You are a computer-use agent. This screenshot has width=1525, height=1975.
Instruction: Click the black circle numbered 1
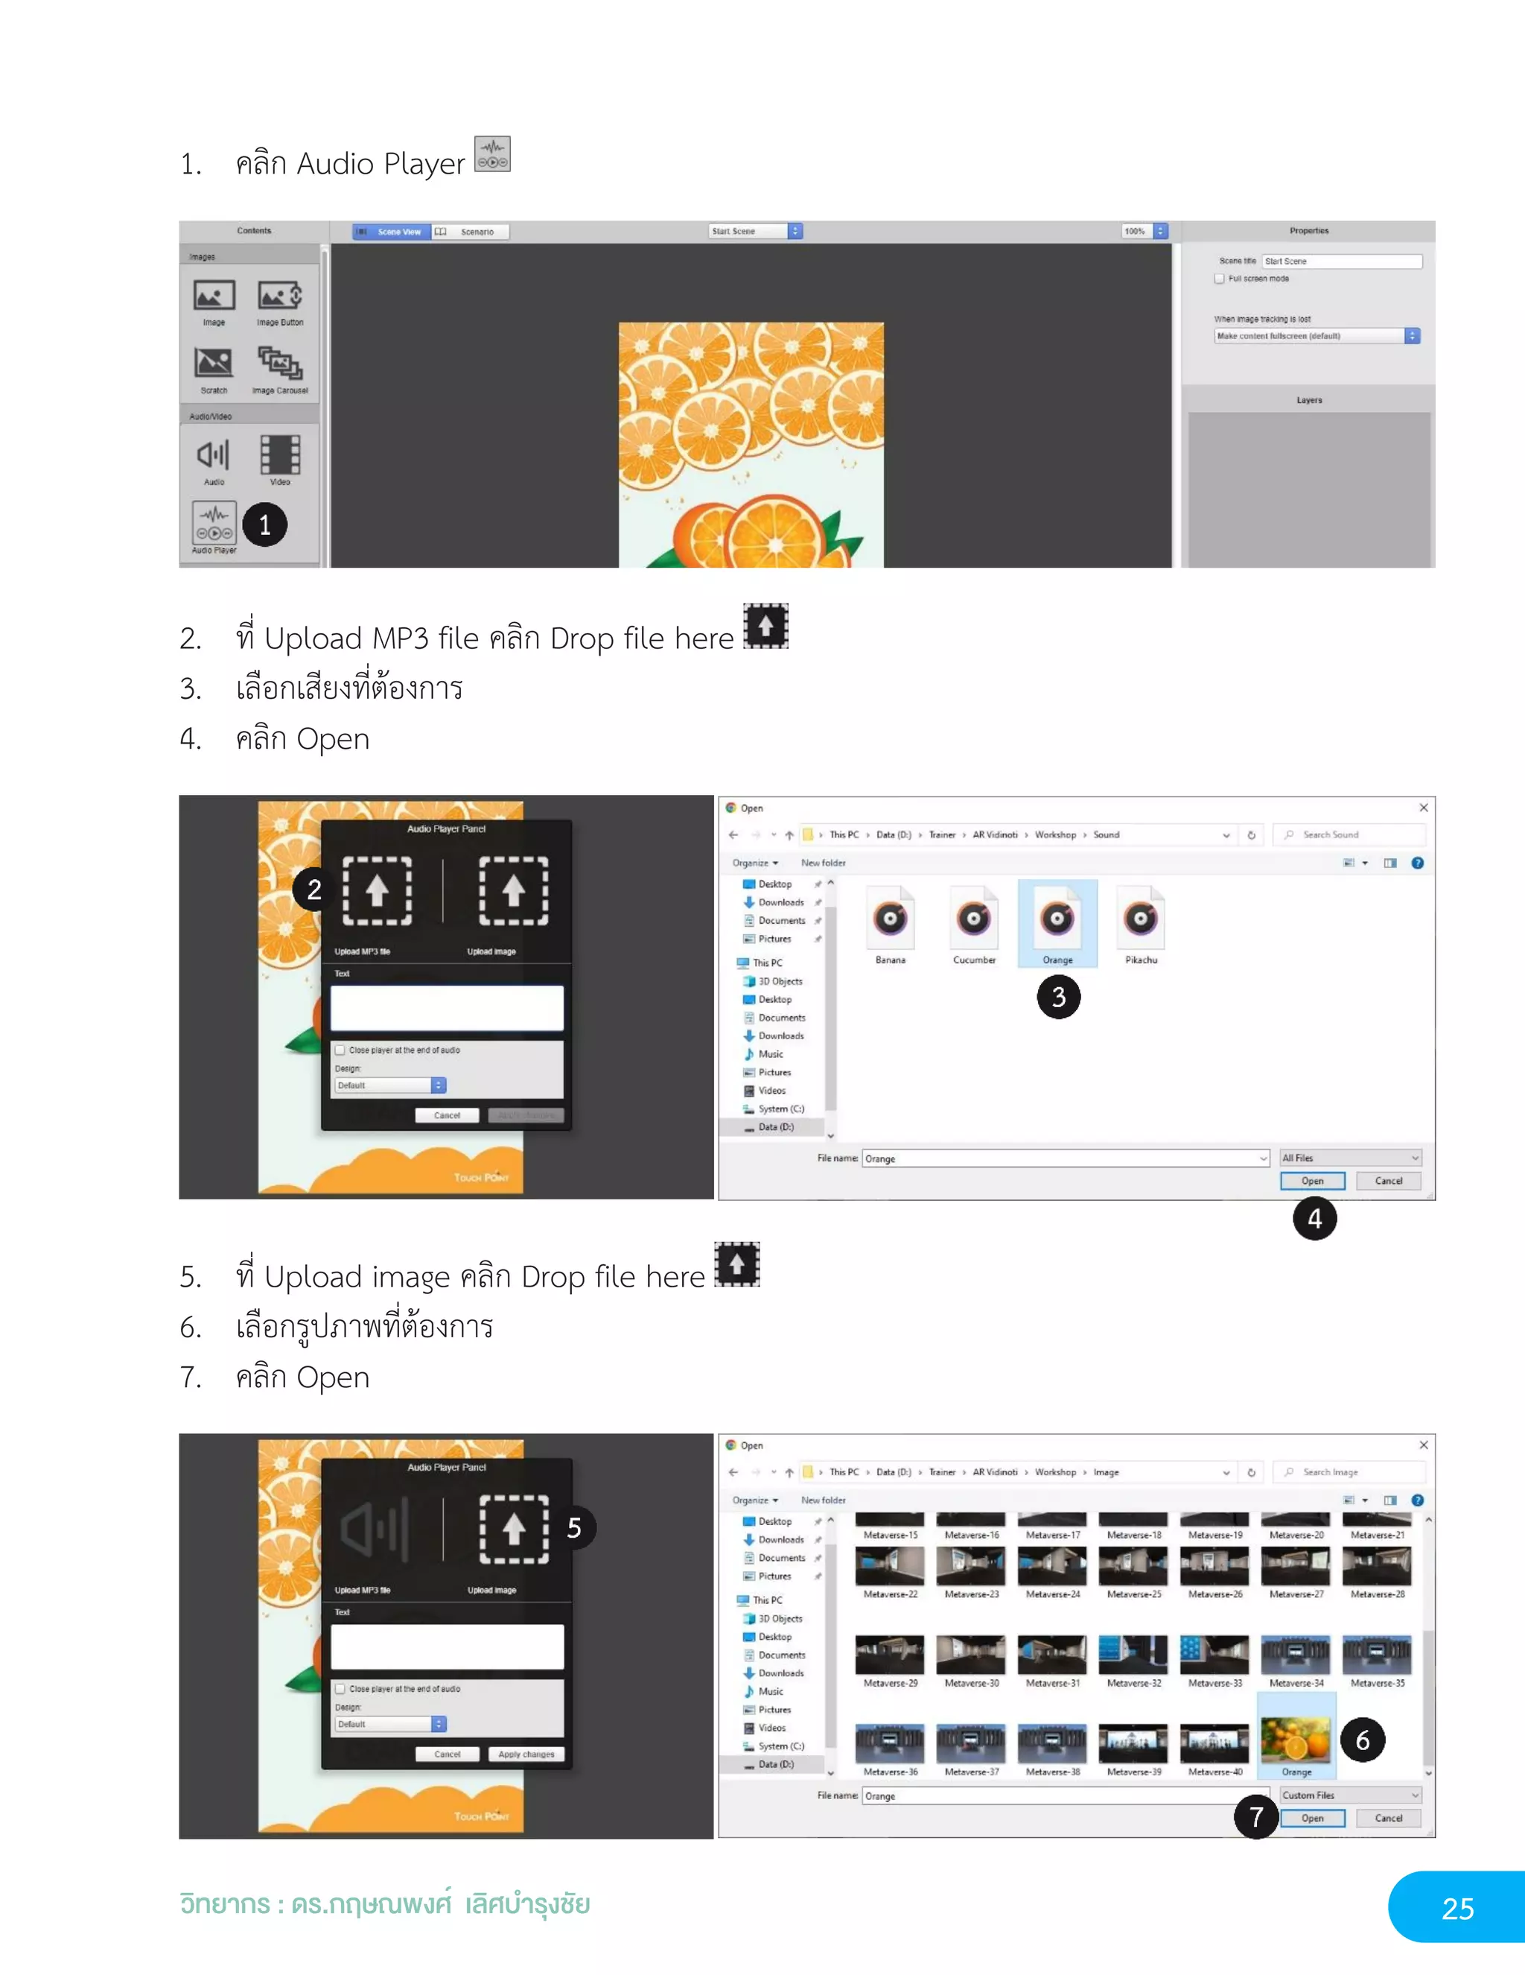[x=265, y=524]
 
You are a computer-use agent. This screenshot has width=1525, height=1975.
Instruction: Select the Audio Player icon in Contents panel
[x=214, y=524]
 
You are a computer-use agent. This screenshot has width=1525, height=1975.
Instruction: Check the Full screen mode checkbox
[x=1220, y=279]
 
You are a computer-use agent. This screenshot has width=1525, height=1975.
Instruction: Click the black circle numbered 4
[x=1314, y=1219]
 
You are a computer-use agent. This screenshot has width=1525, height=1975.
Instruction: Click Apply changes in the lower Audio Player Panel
[x=526, y=1754]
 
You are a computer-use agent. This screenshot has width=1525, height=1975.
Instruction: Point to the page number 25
[x=1457, y=1908]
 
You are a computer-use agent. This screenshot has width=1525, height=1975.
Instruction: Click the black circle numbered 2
[x=313, y=890]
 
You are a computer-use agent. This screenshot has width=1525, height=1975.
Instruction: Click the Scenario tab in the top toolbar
[x=470, y=232]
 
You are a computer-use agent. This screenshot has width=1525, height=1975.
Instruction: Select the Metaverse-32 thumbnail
[x=1133, y=1654]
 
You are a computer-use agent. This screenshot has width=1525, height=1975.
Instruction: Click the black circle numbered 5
[x=574, y=1528]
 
